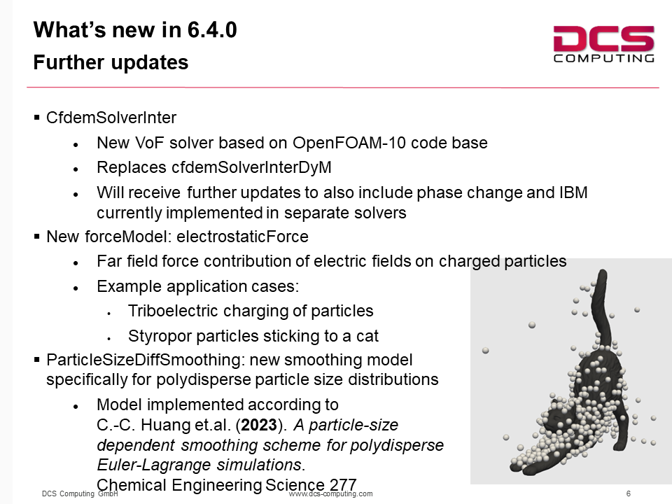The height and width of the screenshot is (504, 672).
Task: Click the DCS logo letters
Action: pyautogui.click(x=603, y=38)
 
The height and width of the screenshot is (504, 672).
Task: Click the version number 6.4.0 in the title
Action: pyautogui.click(x=212, y=30)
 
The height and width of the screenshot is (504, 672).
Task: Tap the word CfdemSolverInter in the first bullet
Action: pyautogui.click(x=111, y=118)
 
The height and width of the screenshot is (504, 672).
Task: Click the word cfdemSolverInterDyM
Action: pyautogui.click(x=251, y=167)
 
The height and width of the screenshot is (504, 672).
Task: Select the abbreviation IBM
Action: pyautogui.click(x=573, y=192)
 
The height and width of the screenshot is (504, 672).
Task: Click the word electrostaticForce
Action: pyautogui.click(x=243, y=237)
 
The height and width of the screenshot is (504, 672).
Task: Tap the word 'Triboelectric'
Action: pyautogui.click(x=173, y=311)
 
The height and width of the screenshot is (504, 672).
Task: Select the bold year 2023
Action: pyautogui.click(x=259, y=425)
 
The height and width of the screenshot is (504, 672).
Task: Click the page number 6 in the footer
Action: pyautogui.click(x=629, y=493)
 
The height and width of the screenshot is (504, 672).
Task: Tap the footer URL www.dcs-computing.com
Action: pyautogui.click(x=331, y=493)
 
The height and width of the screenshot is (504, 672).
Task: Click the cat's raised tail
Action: pyautogui.click(x=600, y=308)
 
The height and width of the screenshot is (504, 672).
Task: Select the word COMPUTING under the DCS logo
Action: pyautogui.click(x=604, y=58)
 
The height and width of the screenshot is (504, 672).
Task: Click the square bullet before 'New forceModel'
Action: pyautogui.click(x=37, y=236)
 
